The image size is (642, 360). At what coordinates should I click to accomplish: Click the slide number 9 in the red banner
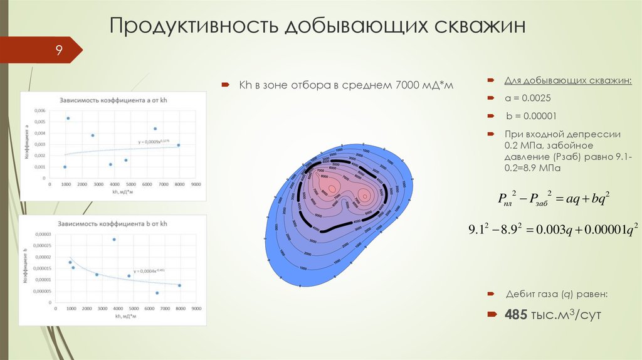coord(58,50)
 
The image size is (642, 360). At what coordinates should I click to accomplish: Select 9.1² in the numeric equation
coord(481,230)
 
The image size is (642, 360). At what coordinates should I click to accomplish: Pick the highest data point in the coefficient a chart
coord(68,119)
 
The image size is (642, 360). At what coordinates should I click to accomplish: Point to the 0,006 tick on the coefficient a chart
coord(39,110)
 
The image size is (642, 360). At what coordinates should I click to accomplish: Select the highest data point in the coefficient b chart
coord(114,240)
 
